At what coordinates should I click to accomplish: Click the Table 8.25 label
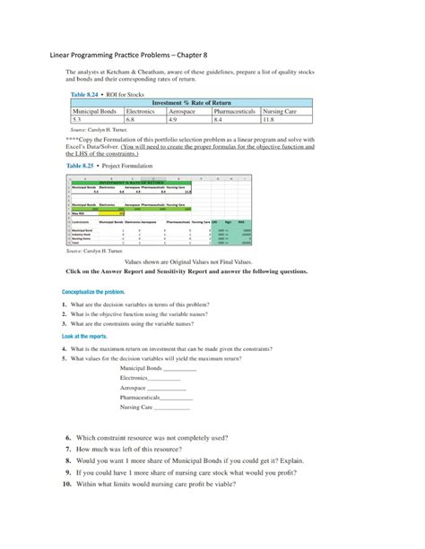pyautogui.click(x=85, y=166)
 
